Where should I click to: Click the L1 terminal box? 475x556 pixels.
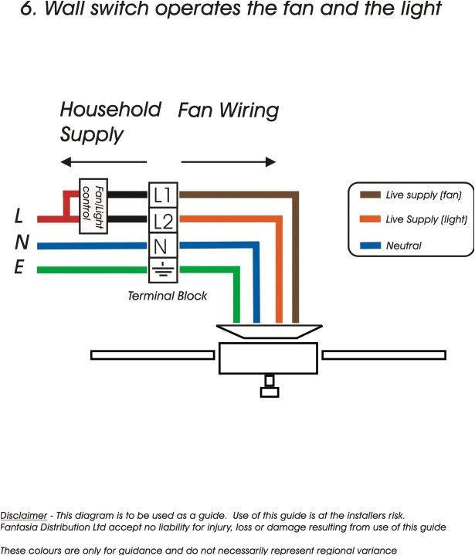pos(163,195)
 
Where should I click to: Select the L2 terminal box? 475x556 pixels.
pos(163,222)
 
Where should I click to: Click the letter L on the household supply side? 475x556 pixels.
pos(19,217)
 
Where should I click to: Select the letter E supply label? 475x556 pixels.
pos(19,269)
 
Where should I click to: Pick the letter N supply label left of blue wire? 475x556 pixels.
pos(22,243)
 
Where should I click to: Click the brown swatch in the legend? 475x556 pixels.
pos(371,195)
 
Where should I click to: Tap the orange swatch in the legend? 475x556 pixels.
pos(371,220)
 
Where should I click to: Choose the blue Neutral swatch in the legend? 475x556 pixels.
pos(371,246)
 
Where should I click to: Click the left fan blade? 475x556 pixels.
pos(154,354)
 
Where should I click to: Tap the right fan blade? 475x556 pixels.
pos(383,354)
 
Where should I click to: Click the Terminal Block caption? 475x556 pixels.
pos(168,296)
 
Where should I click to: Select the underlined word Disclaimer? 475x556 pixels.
pos(23,515)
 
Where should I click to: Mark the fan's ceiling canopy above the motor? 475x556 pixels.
pos(269,331)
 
